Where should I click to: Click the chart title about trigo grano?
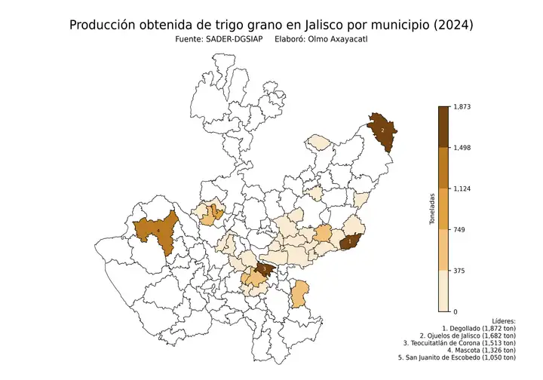coord(271,25)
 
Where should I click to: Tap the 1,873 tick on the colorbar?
coord(461,106)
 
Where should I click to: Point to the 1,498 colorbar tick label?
coord(461,148)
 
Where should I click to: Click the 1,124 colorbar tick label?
coord(461,188)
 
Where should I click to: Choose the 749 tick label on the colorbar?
coord(458,229)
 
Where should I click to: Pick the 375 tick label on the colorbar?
coord(458,270)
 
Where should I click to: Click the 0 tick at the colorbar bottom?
coord(454,311)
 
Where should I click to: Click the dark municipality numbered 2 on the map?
coord(383,130)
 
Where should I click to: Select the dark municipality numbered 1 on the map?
coord(349,241)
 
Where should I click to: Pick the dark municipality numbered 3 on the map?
coord(264,268)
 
